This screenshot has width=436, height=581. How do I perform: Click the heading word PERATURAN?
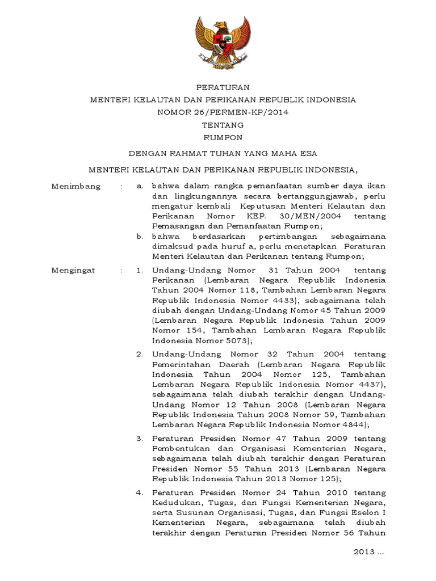(x=218, y=87)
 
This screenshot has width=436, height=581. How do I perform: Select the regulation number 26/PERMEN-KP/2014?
(x=240, y=112)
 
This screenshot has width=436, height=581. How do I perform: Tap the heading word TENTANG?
(x=218, y=125)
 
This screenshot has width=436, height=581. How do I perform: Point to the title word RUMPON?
(x=218, y=138)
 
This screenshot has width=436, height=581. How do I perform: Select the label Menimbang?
(x=76, y=186)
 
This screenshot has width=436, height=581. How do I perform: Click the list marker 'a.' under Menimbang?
(x=140, y=186)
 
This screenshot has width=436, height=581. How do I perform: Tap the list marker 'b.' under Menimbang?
(x=140, y=236)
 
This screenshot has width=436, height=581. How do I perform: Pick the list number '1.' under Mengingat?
(x=140, y=271)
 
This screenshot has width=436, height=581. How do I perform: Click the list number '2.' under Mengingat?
(x=140, y=354)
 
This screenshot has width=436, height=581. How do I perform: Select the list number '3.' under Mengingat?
(x=140, y=439)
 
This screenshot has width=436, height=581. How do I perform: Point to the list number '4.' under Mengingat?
(x=140, y=492)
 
